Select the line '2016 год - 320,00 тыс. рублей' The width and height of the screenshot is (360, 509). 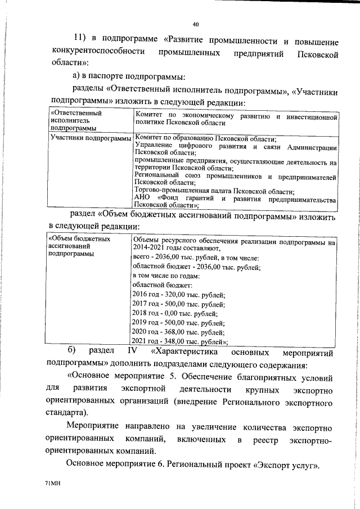[178, 294]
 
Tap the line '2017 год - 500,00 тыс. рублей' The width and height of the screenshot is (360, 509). [178, 304]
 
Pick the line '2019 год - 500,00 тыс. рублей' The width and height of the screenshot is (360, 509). [178, 322]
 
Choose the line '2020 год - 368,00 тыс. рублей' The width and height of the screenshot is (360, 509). [178, 332]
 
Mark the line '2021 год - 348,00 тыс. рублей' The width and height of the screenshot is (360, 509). [179, 341]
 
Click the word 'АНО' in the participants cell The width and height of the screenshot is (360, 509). [143, 199]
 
